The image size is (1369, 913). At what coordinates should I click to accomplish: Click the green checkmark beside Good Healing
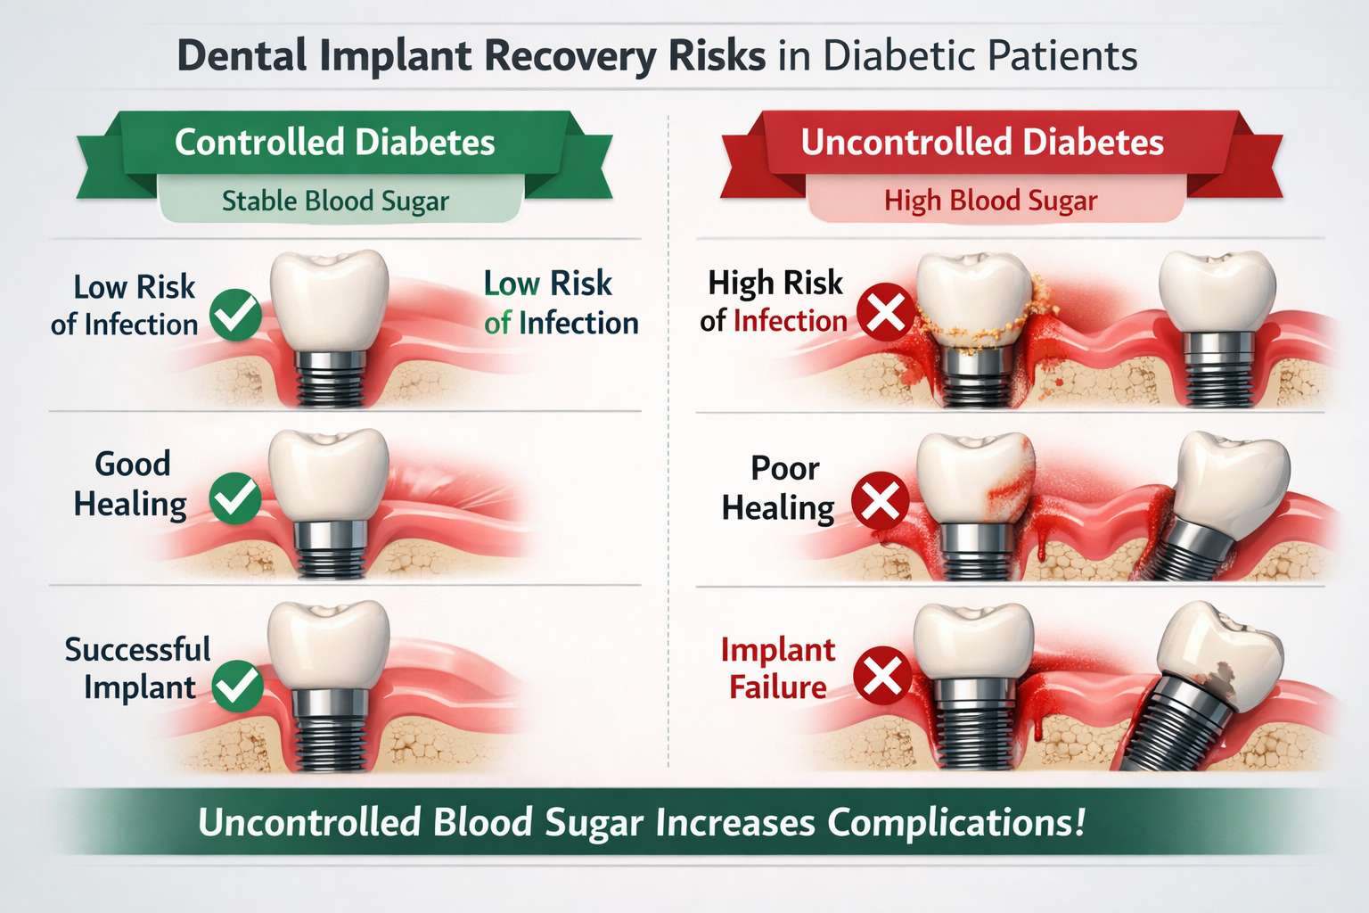tap(235, 498)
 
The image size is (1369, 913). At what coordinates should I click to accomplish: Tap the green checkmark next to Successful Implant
tap(238, 686)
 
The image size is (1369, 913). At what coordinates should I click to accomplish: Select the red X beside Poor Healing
tap(881, 501)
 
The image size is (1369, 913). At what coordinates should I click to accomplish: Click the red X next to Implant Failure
tap(882, 675)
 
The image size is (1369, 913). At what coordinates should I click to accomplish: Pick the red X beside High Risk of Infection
tap(885, 312)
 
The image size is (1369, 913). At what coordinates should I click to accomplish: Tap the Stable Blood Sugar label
tap(335, 201)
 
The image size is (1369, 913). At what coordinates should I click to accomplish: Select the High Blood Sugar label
tap(990, 201)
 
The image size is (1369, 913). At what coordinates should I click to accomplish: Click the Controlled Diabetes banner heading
tap(335, 143)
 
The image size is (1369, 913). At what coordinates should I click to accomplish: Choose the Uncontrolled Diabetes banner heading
tap(982, 143)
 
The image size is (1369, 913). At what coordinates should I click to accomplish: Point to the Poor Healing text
tap(779, 488)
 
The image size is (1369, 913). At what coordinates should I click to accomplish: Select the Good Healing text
tap(131, 484)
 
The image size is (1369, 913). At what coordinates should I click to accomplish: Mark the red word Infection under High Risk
tap(790, 321)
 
